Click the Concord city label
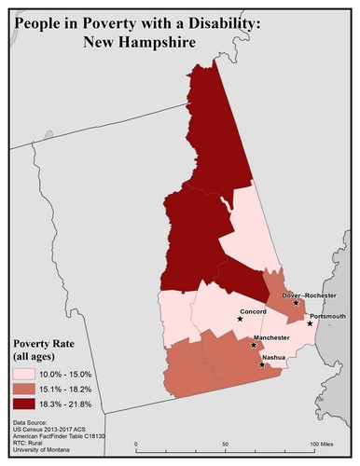(x=254, y=311)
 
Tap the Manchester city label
(x=271, y=336)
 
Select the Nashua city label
(x=273, y=357)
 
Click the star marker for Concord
(x=240, y=320)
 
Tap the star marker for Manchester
(x=255, y=345)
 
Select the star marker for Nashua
(x=262, y=364)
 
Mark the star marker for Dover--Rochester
(x=296, y=303)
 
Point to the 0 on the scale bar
(x=137, y=444)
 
